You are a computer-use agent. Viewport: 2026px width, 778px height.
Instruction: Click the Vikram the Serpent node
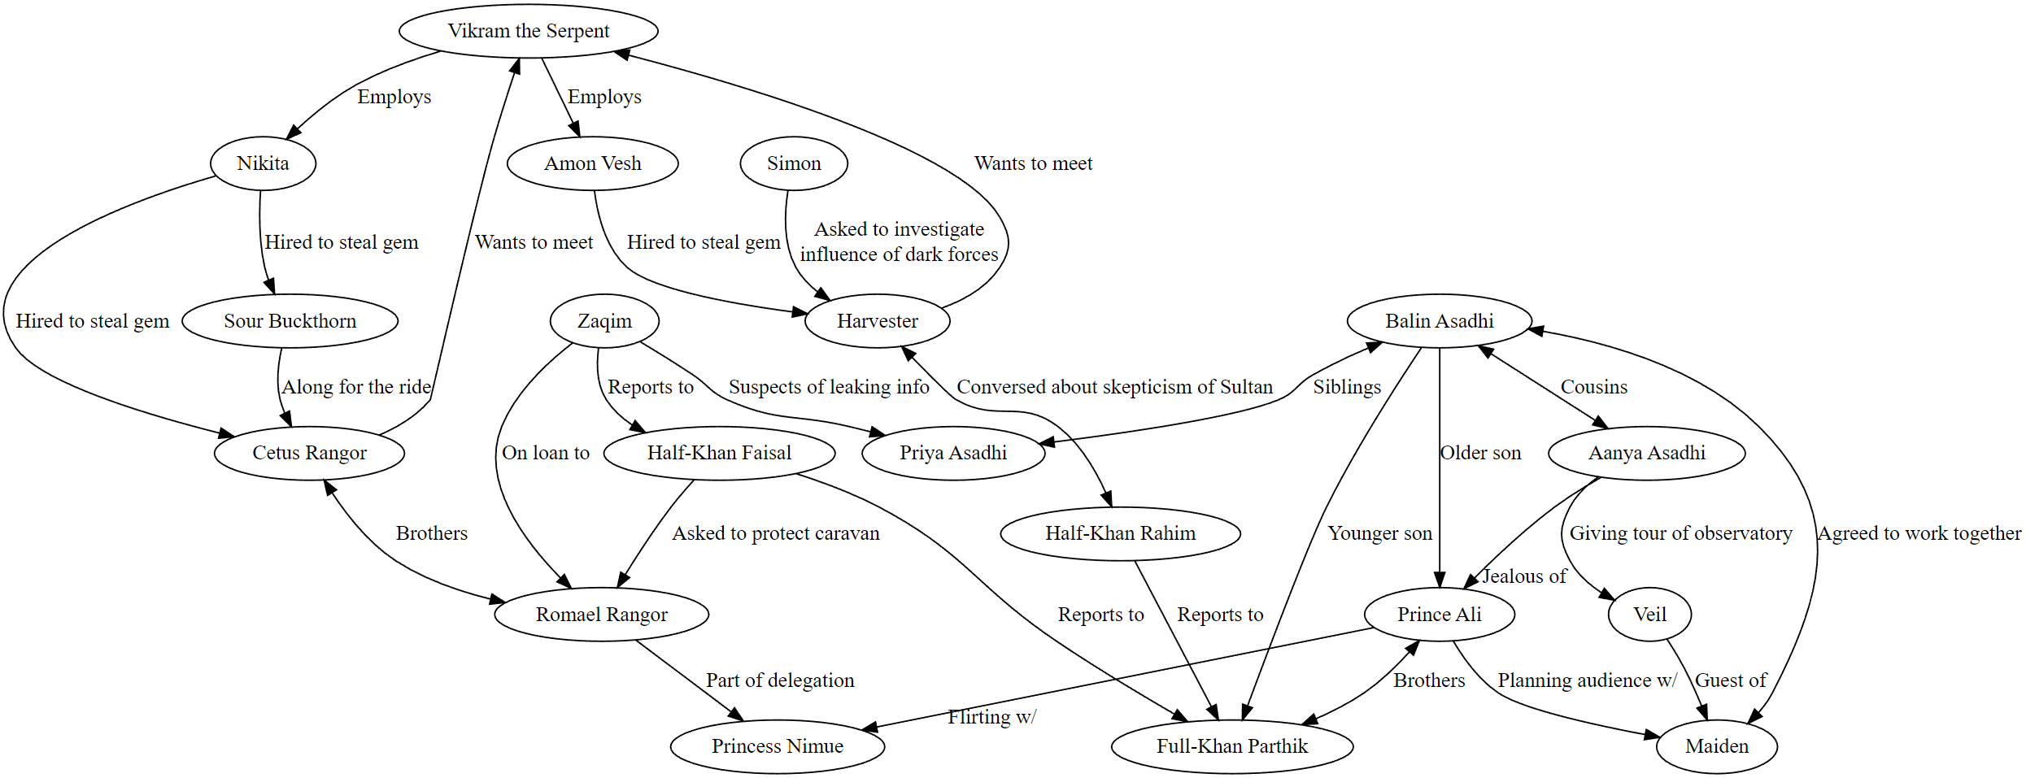coord(528,31)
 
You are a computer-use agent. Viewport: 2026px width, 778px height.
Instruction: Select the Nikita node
coord(263,163)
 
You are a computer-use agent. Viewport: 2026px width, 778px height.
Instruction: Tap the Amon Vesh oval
coord(592,163)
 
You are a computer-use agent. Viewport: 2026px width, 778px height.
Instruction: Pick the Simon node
coord(794,163)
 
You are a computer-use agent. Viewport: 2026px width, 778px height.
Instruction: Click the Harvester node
coord(877,321)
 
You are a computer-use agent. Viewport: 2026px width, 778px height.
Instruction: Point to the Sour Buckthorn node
coord(290,321)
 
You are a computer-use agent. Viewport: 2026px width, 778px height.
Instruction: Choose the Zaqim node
coord(604,321)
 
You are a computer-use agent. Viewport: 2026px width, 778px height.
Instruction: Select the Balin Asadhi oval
coord(1439,321)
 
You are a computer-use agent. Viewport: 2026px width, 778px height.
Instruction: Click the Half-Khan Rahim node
coord(1120,533)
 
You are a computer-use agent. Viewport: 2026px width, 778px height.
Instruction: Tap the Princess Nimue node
coord(777,746)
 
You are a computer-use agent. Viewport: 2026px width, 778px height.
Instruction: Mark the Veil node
coord(1649,615)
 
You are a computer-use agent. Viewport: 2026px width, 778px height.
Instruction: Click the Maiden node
coord(1716,746)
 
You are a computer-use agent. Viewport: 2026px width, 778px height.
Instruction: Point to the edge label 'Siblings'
coord(1347,387)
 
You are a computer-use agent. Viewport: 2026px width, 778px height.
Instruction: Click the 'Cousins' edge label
coord(1593,387)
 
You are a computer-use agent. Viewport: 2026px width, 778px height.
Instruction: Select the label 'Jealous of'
coord(1523,576)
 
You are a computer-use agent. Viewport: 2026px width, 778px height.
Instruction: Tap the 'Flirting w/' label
coord(991,717)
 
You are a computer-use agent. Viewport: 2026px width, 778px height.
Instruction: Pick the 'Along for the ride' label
coord(356,387)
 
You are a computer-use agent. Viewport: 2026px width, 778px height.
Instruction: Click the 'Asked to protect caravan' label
coord(775,533)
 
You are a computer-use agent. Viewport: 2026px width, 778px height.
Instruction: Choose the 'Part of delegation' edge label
coord(780,680)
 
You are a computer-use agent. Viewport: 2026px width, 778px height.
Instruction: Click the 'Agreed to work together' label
coord(1919,533)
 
